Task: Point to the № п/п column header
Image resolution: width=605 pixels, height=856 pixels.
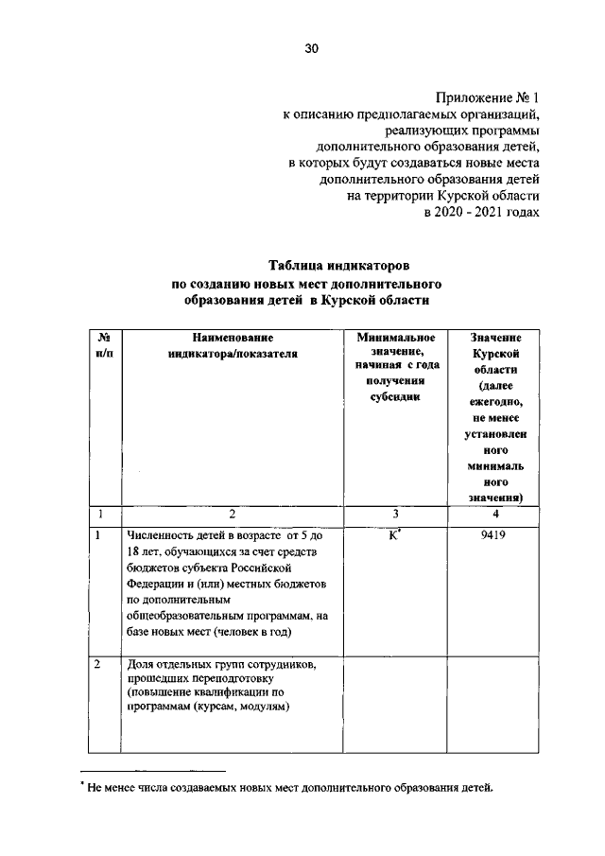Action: click(x=100, y=345)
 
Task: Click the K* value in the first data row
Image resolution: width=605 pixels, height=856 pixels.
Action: click(x=397, y=534)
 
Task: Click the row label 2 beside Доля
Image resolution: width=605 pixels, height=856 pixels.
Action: click(x=98, y=664)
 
